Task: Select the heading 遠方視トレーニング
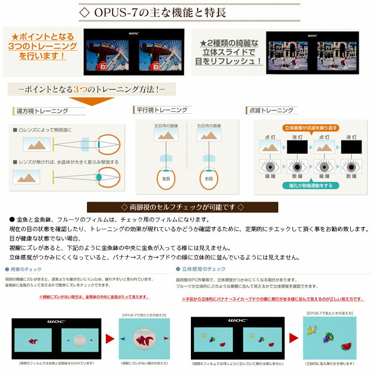[x=42, y=112]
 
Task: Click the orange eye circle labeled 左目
[x=165, y=179]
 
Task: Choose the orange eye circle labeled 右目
[x=208, y=179]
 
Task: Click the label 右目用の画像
[x=209, y=126]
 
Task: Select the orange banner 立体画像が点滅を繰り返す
[x=310, y=128]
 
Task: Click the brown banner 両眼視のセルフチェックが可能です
[x=182, y=207]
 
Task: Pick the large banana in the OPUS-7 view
[x=312, y=329]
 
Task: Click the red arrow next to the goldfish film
[x=109, y=339]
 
